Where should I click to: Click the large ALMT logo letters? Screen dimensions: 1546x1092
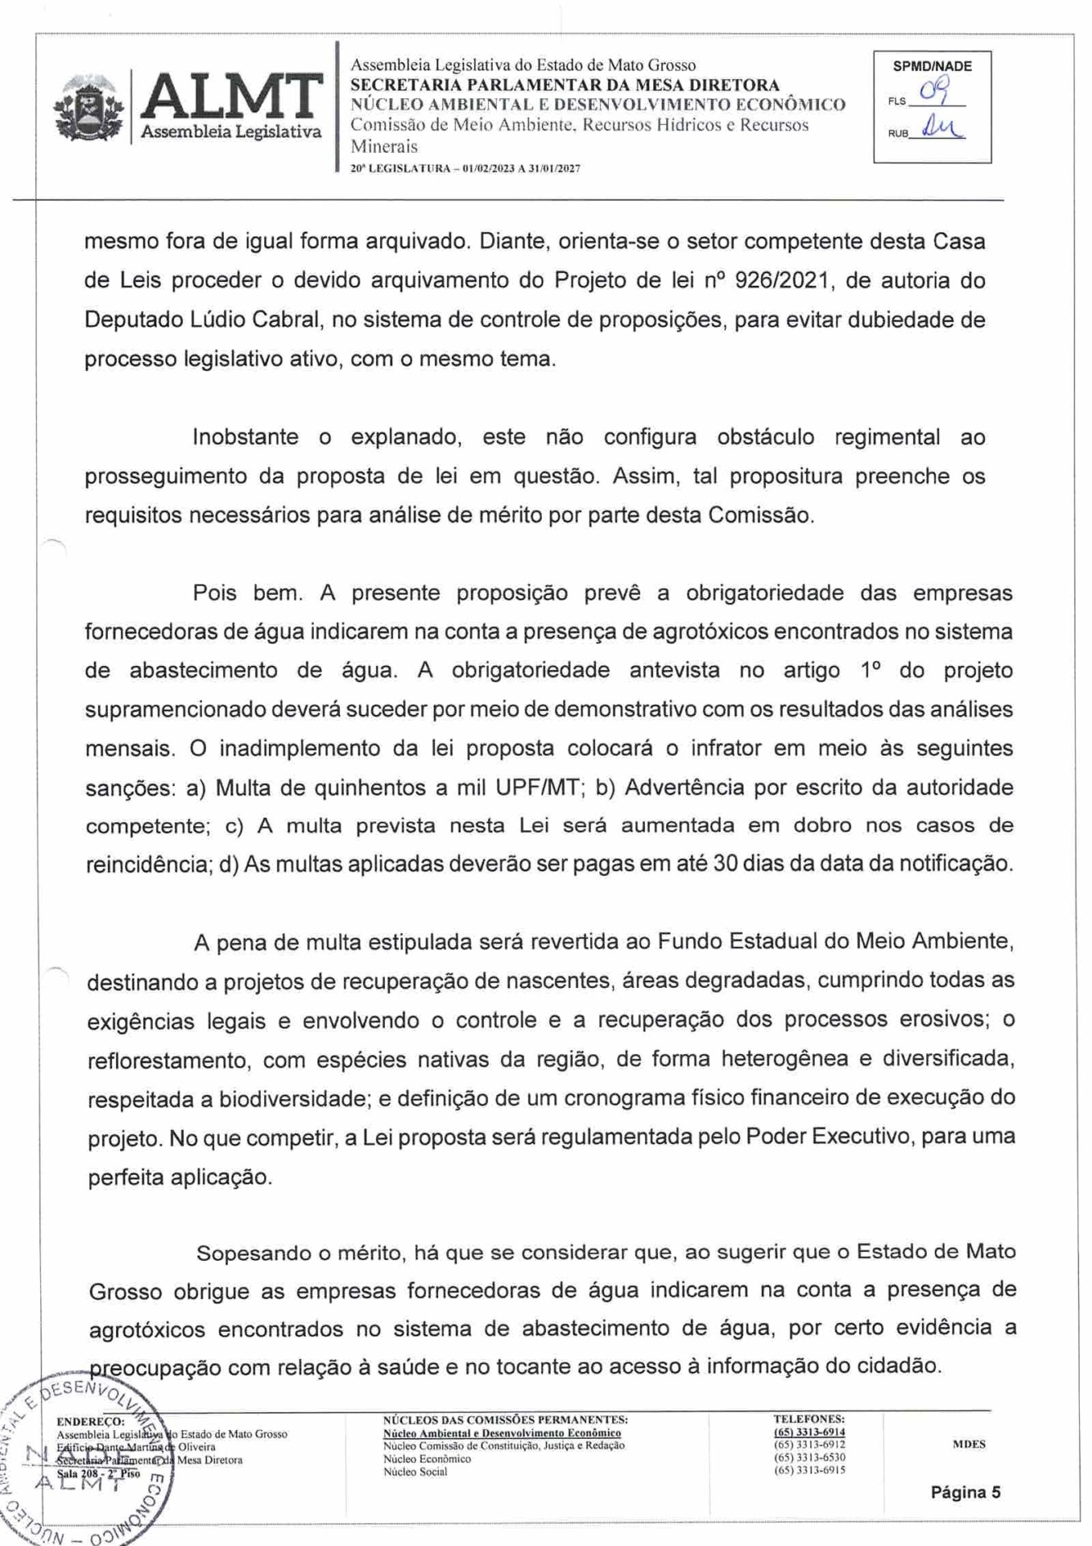click(x=232, y=97)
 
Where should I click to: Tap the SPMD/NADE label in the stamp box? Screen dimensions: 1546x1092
click(x=932, y=66)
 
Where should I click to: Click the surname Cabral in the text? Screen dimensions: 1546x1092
click(x=283, y=320)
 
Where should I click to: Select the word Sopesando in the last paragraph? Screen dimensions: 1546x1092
click(x=254, y=1253)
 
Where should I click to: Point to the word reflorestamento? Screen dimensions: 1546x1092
click(x=168, y=1060)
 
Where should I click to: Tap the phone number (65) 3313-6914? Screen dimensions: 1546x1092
click(x=809, y=1432)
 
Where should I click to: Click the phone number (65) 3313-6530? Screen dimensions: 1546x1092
click(x=809, y=1457)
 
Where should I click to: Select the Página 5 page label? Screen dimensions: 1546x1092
click(x=965, y=1492)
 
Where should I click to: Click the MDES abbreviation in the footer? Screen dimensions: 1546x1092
click(x=968, y=1444)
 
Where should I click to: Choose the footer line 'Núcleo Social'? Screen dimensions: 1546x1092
click(x=415, y=1471)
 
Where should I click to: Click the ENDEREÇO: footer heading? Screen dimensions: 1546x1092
click(x=90, y=1421)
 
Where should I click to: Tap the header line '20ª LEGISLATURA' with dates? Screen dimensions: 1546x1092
click(x=465, y=168)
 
